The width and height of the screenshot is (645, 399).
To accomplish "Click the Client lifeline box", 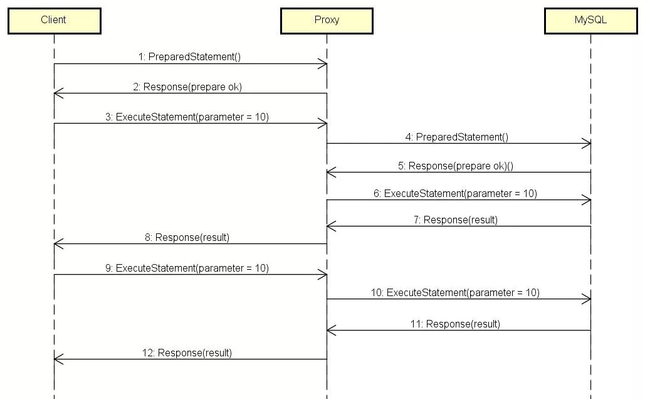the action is click(55, 21).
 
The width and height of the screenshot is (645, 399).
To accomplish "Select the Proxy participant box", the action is click(327, 21).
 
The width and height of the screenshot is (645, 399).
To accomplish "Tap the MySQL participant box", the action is click(590, 21).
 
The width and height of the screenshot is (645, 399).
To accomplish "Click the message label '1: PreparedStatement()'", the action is click(189, 57).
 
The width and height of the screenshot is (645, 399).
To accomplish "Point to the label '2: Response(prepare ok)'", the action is click(187, 87).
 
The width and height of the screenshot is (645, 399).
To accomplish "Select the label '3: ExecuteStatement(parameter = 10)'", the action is click(187, 117).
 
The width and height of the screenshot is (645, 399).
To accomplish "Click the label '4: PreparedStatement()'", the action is click(456, 137).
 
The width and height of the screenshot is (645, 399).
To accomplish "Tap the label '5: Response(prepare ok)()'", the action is click(455, 166).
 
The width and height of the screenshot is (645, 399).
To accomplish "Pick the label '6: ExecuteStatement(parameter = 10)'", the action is click(455, 193).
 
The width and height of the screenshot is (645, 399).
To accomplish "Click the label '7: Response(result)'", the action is click(455, 220).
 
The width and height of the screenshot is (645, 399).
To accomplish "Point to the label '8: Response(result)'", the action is click(187, 238).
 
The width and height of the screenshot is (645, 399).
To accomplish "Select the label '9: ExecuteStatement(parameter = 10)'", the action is click(187, 269).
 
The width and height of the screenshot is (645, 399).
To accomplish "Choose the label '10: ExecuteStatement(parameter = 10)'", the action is click(455, 293).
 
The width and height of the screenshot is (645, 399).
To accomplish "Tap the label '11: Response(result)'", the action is click(455, 324).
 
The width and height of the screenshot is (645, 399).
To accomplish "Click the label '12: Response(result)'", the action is click(187, 353).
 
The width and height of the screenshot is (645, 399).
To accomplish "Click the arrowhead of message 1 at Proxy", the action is click(327, 64).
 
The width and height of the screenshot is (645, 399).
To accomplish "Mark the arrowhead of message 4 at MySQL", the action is click(590, 144).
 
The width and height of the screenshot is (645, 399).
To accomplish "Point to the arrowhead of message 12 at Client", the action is click(55, 359).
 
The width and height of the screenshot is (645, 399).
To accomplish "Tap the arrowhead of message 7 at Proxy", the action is click(327, 226).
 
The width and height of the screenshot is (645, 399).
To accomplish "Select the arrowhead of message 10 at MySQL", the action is click(590, 299).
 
